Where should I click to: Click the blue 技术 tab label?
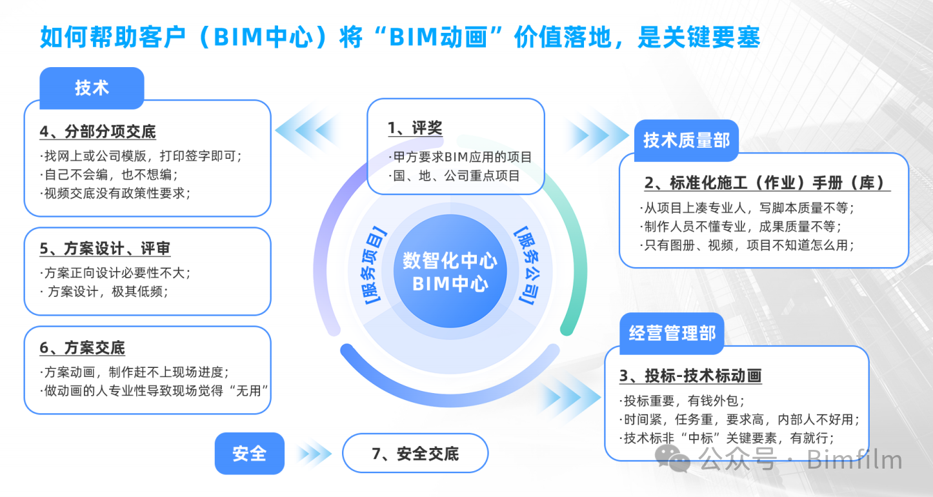click(92, 88)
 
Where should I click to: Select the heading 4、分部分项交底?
click(97, 132)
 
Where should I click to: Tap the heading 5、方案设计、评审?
click(105, 249)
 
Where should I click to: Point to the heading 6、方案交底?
click(82, 349)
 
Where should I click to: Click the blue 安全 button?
click(249, 453)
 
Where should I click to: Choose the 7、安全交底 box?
click(415, 453)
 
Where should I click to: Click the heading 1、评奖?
click(415, 128)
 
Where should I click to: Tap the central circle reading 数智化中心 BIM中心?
click(450, 272)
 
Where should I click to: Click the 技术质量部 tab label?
click(687, 139)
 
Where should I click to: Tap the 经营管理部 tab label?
click(672, 334)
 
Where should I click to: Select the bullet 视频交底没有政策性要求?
click(115, 193)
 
